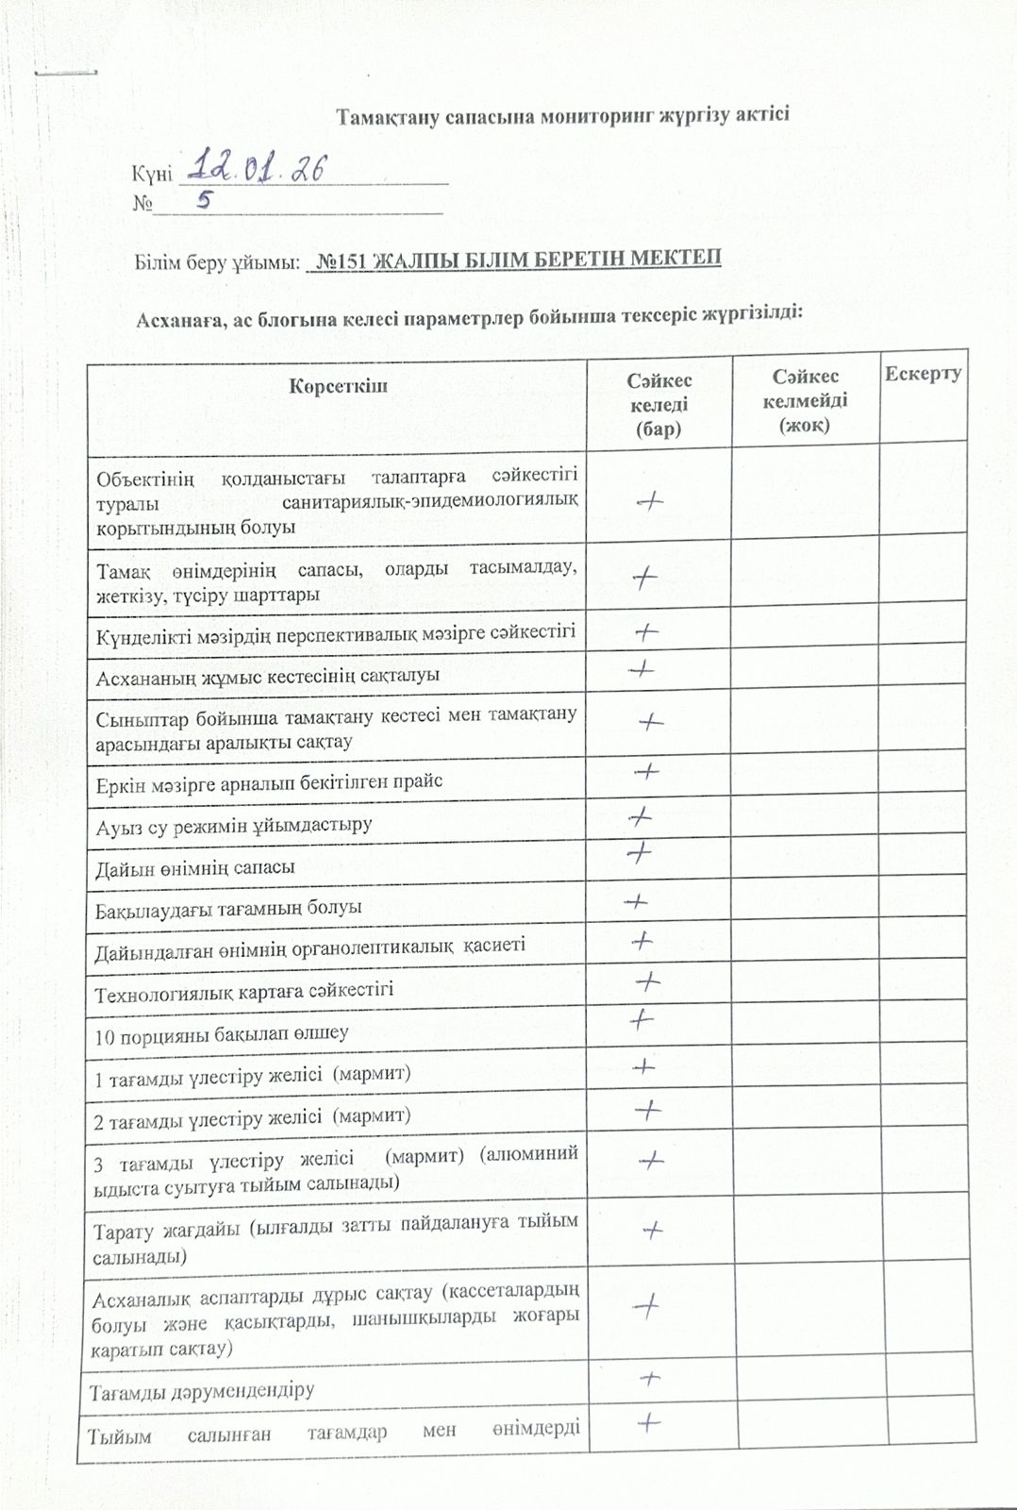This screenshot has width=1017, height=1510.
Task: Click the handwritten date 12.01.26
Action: click(256, 168)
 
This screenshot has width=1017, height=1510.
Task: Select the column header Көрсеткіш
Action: click(338, 385)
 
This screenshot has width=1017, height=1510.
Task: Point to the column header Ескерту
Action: click(923, 374)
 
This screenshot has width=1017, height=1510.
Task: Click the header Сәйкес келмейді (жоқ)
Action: click(805, 401)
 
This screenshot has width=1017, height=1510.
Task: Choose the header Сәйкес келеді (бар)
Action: click(659, 404)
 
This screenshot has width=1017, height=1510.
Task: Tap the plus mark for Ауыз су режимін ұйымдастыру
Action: click(641, 814)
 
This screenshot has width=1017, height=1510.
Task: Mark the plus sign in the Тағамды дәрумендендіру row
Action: click(648, 1379)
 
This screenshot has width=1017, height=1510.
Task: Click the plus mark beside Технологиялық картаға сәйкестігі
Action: click(647, 981)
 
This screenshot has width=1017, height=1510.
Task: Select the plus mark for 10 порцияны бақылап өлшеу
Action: click(641, 1019)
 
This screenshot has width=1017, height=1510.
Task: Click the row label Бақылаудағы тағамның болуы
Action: click(228, 908)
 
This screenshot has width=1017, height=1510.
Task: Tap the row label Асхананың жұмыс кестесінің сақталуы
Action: click(267, 676)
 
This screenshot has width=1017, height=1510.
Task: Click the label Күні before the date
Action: click(151, 174)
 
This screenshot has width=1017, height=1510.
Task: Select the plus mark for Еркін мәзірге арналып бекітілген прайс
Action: click(646, 772)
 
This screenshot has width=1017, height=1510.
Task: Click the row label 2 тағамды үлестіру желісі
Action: click(252, 1116)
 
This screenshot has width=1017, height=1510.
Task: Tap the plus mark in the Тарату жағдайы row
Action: click(652, 1230)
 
